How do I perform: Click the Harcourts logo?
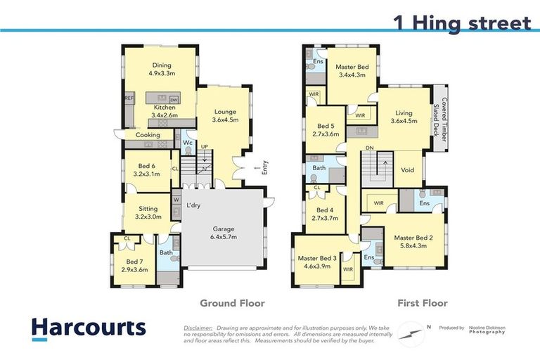[89, 328]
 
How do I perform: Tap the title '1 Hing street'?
[462, 22]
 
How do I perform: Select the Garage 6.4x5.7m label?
[224, 233]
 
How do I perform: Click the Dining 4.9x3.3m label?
[162, 68]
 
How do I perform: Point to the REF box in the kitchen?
[129, 99]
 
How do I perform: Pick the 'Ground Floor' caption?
[232, 303]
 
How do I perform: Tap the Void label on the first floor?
[407, 169]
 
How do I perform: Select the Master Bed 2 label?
[413, 242]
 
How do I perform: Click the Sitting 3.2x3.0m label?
[148, 213]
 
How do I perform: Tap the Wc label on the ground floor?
[188, 143]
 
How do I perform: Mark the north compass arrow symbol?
[409, 330]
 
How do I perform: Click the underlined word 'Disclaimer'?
[198, 328]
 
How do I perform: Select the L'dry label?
[194, 205]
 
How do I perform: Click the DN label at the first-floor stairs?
[369, 148]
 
